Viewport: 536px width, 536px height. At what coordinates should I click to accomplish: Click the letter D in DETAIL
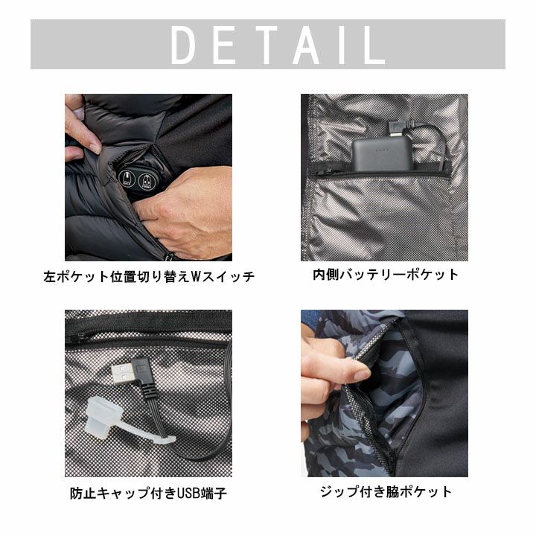coord(184,45)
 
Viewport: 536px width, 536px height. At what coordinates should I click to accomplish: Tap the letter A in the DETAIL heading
coord(307,45)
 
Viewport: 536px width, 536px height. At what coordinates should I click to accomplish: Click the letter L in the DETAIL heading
coord(375,45)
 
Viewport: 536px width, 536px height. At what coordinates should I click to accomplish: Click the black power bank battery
coord(381,154)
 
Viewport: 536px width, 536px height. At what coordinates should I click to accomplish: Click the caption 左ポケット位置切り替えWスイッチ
coord(149,276)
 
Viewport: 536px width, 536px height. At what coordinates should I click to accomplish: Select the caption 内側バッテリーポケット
coord(386,275)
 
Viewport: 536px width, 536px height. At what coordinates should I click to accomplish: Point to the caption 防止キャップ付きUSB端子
coord(148,494)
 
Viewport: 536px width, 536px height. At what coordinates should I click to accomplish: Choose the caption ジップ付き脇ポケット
coord(386,492)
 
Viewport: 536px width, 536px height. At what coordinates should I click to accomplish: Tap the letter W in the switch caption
coord(195,276)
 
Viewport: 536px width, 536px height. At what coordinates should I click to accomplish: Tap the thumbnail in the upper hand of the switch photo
coord(95,148)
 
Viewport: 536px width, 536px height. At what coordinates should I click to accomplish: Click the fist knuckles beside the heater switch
coord(150,212)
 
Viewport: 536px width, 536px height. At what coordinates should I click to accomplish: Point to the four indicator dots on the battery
coord(381,150)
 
